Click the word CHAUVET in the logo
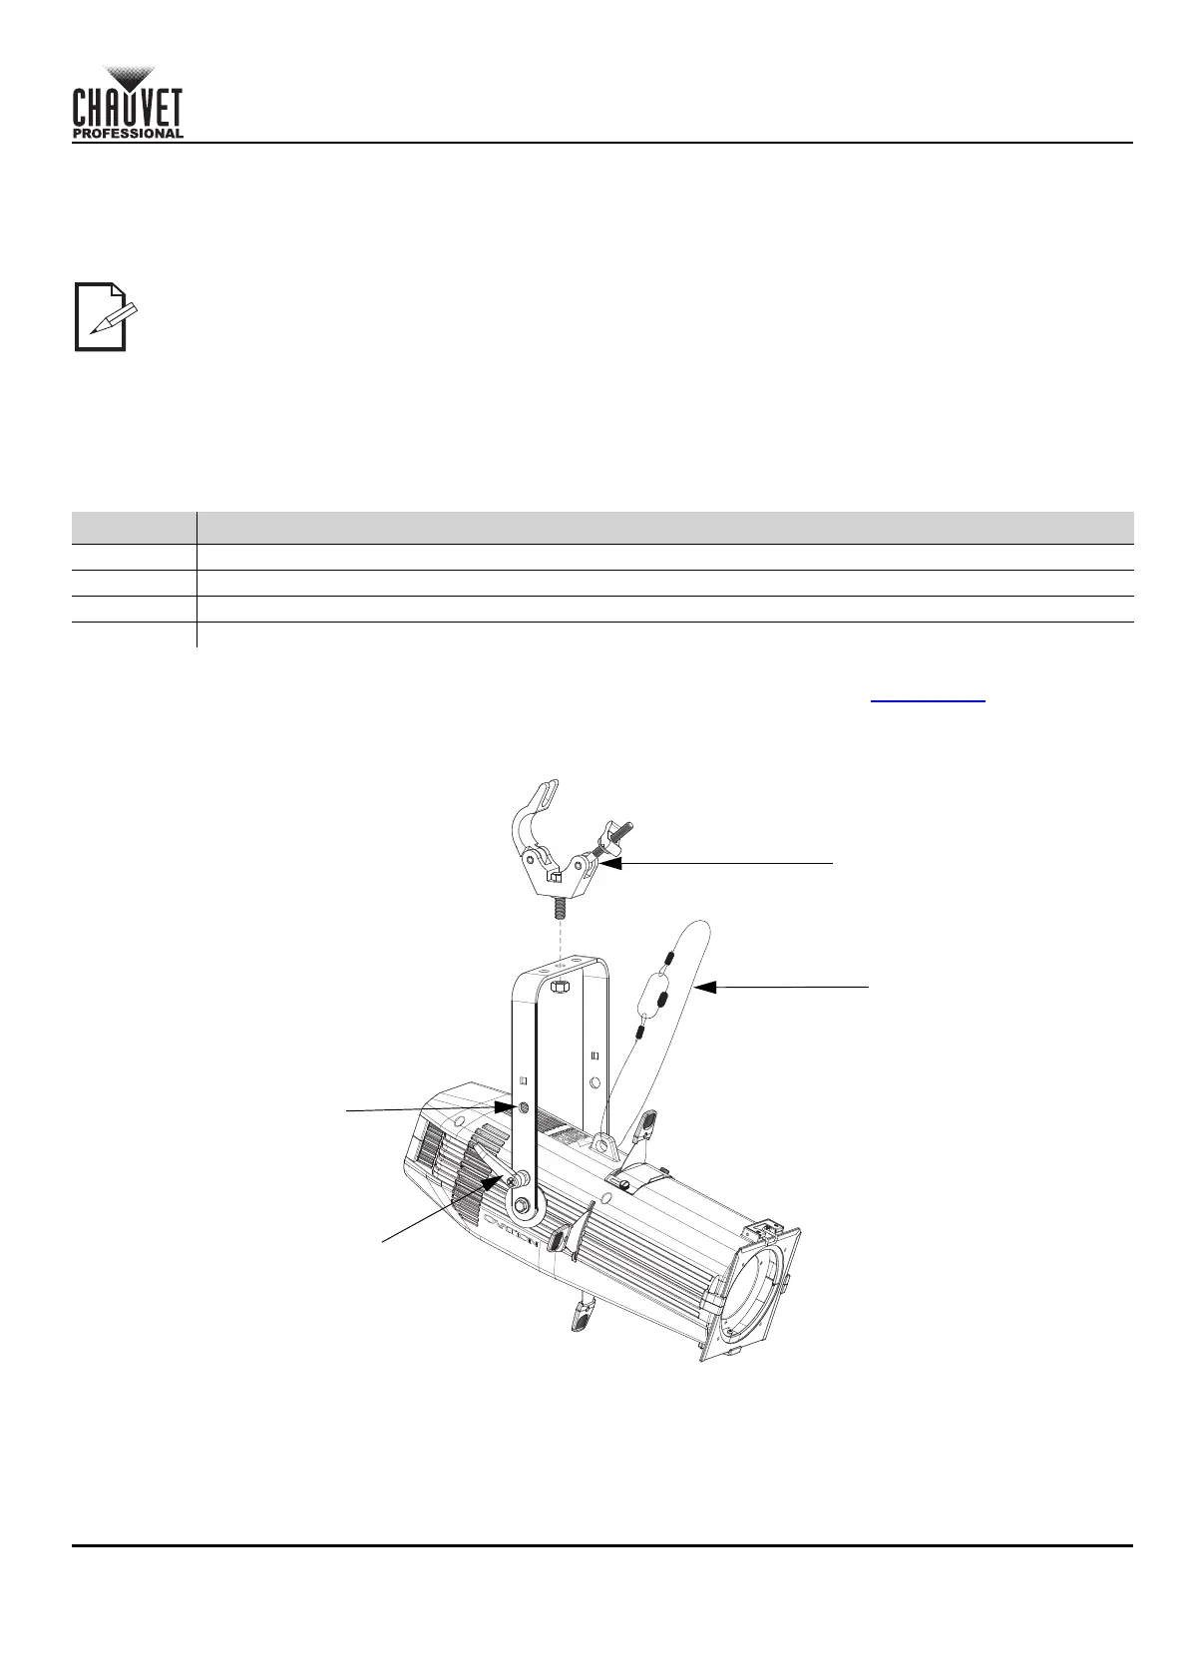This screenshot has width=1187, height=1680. tap(128, 108)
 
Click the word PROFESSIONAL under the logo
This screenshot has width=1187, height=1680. tap(128, 134)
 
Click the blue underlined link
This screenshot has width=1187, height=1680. tap(928, 700)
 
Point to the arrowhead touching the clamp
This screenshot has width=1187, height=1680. tap(611, 863)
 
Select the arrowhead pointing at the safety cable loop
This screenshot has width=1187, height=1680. tap(705, 988)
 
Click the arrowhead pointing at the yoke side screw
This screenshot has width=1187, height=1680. tap(505, 1107)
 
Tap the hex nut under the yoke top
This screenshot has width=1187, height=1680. tap(558, 987)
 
